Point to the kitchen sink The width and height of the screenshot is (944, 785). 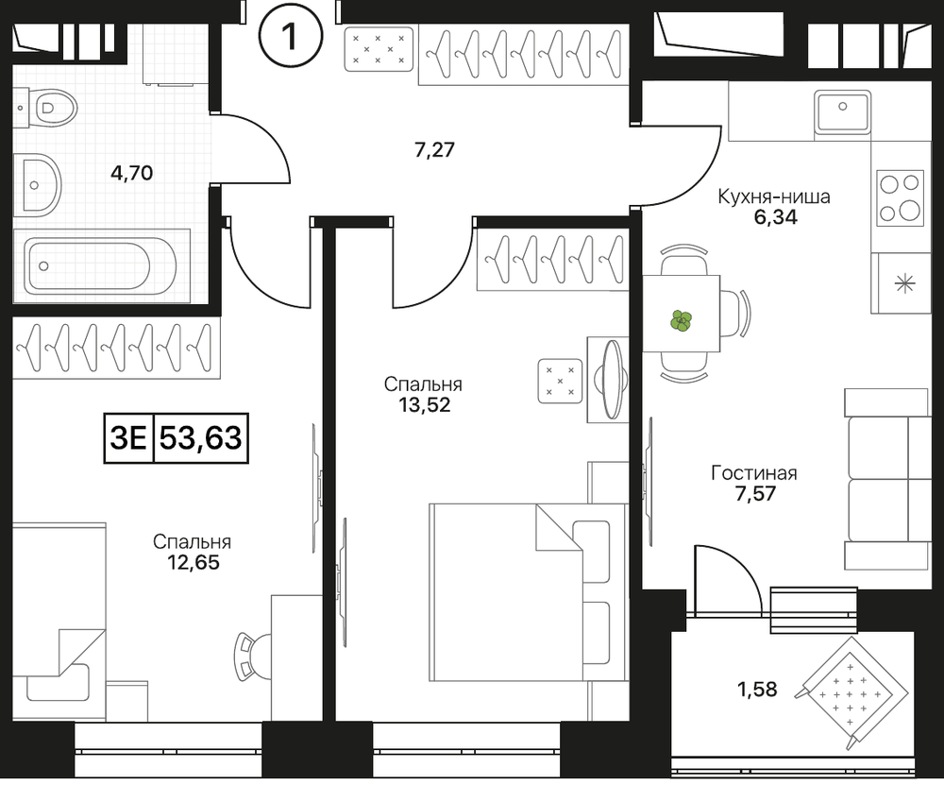tap(843, 111)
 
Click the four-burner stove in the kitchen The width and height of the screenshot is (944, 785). tap(900, 197)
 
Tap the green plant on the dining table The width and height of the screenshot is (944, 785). tap(682, 320)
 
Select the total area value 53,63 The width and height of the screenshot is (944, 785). tap(201, 438)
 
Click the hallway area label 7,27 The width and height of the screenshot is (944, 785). tap(434, 149)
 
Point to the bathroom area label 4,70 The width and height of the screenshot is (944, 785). tap(132, 174)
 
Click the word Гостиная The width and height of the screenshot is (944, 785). tap(753, 473)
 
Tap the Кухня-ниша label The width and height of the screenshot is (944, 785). tap(774, 196)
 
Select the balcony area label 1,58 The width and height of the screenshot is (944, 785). tap(757, 689)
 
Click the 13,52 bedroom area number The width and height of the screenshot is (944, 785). tap(424, 405)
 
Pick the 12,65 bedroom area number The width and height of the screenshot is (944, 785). tap(193, 563)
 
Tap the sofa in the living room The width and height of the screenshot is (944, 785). tap(886, 479)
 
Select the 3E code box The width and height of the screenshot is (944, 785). tap(129, 438)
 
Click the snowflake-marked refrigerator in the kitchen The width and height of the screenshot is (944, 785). tap(902, 283)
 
